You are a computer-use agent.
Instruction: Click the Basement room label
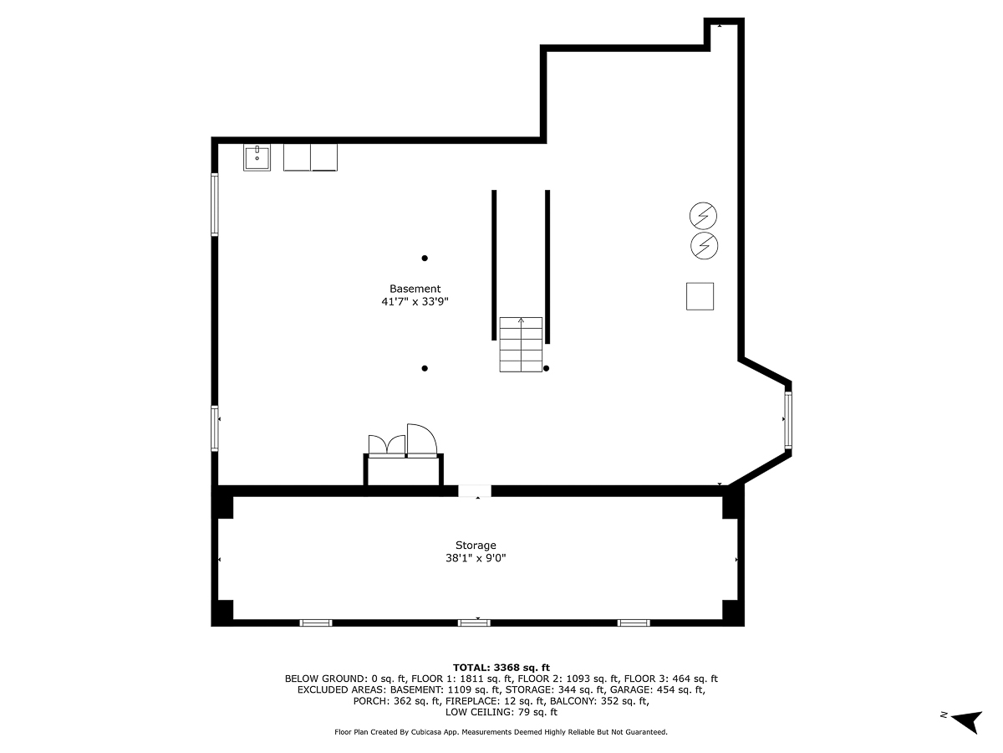(415, 289)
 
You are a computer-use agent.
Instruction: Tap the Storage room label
(476, 546)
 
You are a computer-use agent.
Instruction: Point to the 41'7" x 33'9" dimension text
(415, 302)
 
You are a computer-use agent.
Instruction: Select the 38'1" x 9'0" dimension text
(476, 558)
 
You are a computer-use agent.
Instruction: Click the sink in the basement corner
(257, 157)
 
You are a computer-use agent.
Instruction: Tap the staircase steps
(521, 345)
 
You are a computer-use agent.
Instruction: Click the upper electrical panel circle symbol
(703, 216)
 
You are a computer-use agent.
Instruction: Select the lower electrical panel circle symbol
(704, 246)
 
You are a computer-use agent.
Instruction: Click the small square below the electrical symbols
(700, 296)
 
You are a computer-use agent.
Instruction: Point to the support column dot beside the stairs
(546, 368)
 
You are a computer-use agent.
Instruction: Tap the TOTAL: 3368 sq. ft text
(501, 668)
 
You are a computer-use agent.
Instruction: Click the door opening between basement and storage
(474, 490)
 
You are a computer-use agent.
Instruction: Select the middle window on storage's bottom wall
(474, 622)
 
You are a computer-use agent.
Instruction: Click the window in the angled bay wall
(788, 419)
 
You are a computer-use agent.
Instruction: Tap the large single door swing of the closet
(422, 440)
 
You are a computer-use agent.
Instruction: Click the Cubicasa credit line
(501, 732)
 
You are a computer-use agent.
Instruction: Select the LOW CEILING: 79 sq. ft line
(501, 712)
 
